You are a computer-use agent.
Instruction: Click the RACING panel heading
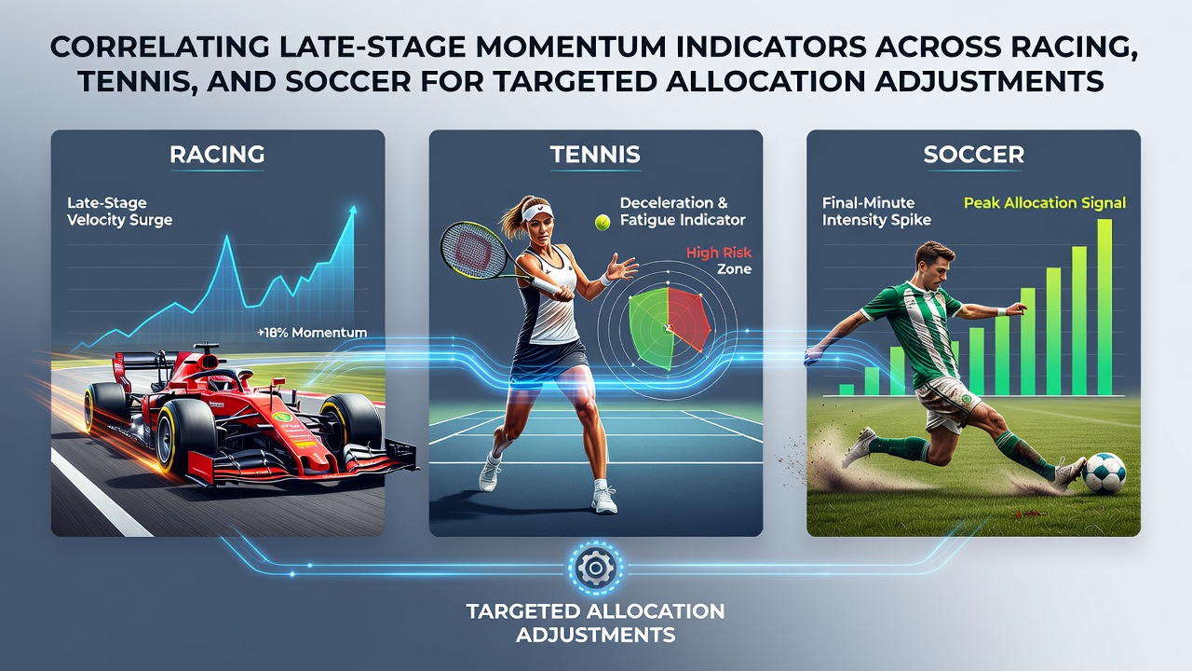click(217, 155)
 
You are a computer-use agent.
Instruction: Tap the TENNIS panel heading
click(595, 155)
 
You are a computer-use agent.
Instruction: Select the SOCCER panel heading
click(973, 155)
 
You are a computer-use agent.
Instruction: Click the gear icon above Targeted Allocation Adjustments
click(595, 568)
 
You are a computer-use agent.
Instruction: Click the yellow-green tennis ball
click(603, 222)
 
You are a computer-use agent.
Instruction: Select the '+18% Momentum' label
click(312, 333)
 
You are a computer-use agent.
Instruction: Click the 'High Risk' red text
click(719, 253)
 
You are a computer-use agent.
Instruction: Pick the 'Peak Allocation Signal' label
click(1045, 203)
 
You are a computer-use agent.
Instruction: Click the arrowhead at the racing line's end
click(352, 211)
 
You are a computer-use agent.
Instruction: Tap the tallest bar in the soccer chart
click(1104, 308)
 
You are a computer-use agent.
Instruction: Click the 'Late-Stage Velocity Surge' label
click(120, 212)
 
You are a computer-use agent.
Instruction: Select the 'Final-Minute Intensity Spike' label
click(876, 212)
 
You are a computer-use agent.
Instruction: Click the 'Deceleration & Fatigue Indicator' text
click(683, 212)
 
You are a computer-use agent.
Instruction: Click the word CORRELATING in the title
click(159, 48)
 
